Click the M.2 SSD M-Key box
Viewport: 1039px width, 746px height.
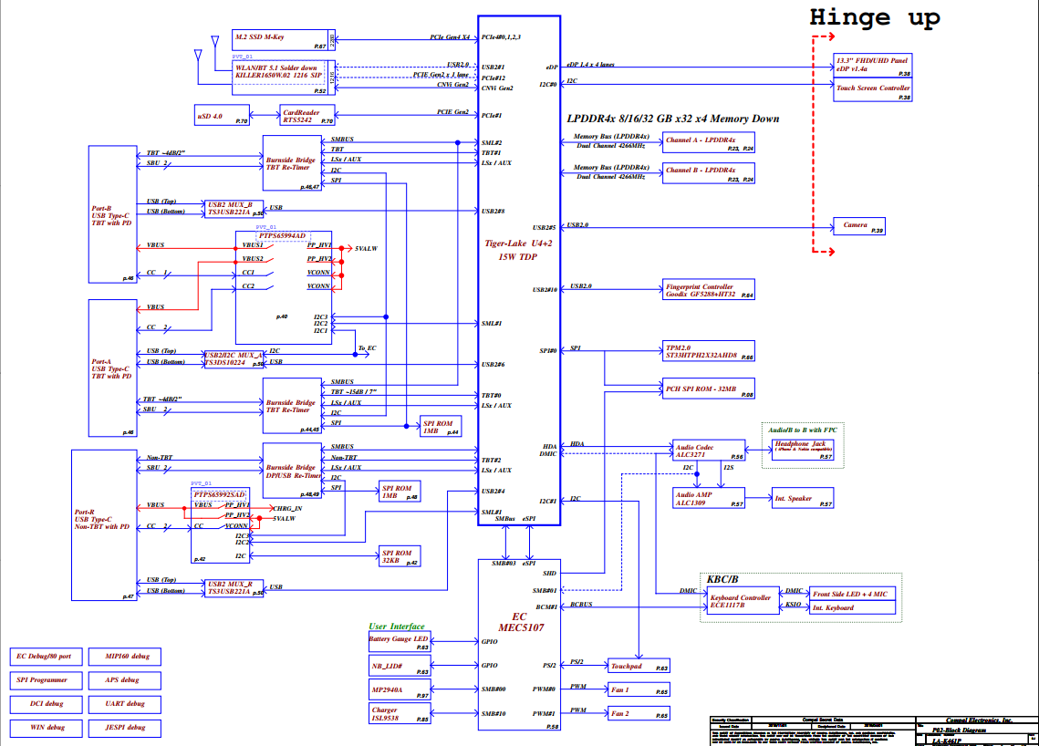pos(279,39)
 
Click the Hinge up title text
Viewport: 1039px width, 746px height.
pos(875,17)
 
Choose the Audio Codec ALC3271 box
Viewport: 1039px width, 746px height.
pos(706,451)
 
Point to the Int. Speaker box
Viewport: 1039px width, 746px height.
pos(802,499)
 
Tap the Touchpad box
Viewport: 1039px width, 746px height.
pos(639,667)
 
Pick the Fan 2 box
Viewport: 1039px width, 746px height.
pos(639,713)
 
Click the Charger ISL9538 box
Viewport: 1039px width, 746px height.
pos(400,714)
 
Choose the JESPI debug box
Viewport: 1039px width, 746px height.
pos(125,728)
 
